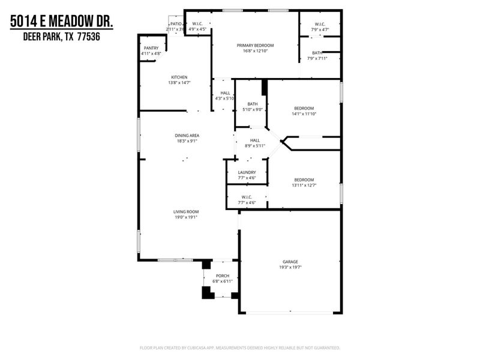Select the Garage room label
[290, 262]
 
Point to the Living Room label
[186, 212]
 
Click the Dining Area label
[186, 136]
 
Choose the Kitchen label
[179, 77]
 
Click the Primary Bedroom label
[255, 46]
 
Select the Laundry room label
[247, 172]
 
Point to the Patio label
[175, 23]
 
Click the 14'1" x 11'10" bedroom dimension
[304, 114]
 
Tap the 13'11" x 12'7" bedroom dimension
[304, 185]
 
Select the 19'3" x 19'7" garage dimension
[290, 268]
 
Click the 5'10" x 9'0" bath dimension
[252, 110]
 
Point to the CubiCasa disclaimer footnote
[240, 347]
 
